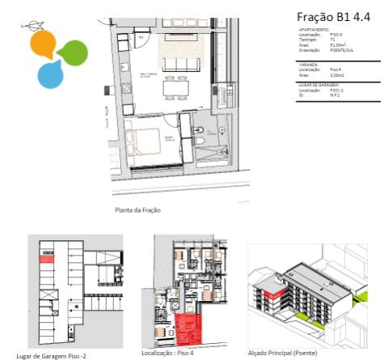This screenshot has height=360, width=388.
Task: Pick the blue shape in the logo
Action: [x=51, y=75]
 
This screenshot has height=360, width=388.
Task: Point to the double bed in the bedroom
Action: [x=146, y=142]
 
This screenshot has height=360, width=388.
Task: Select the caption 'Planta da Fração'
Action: [x=137, y=210]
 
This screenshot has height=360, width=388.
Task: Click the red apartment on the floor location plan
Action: [x=188, y=330]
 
